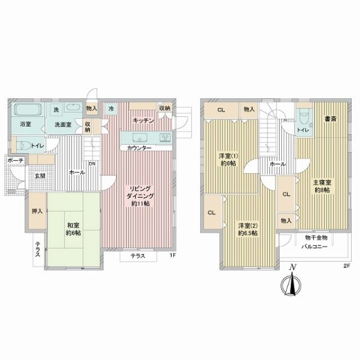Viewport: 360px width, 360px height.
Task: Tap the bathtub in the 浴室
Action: coord(28,110)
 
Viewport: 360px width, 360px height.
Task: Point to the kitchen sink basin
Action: coord(140,137)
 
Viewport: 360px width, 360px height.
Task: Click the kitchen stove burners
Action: coord(165,137)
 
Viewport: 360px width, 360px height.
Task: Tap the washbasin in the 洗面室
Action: coord(73,107)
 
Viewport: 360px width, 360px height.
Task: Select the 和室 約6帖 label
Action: coord(73,229)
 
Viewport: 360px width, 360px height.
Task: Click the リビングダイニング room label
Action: coord(140,196)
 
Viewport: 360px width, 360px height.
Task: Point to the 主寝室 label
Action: coord(322,182)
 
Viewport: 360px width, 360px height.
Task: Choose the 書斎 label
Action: coord(331,119)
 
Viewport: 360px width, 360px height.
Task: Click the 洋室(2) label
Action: coord(248,225)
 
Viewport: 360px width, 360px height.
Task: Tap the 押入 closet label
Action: coord(37,211)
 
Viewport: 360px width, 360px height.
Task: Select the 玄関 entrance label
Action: coord(40,176)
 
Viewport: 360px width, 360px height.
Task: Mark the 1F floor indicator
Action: coord(173,255)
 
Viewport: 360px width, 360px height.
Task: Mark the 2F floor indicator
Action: coord(346,266)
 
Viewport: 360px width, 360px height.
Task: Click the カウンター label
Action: coord(139,148)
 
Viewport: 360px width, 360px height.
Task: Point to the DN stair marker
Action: coord(92,164)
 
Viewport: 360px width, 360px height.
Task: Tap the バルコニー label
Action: coord(314,247)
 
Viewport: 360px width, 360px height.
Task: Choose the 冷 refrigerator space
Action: coord(111,109)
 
